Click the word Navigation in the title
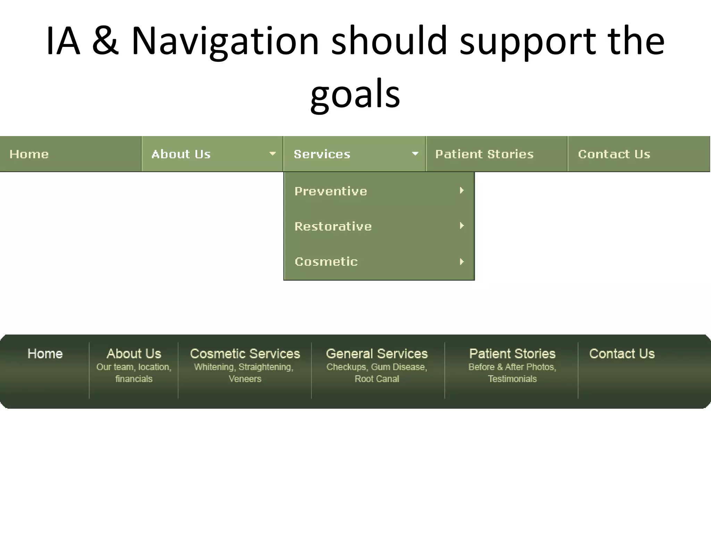point(225,41)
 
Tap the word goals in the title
point(355,94)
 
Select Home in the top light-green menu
point(29,154)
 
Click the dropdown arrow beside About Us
point(273,153)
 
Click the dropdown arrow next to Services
point(415,153)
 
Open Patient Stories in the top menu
point(484,154)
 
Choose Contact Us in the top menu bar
point(614,154)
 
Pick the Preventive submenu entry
point(331,191)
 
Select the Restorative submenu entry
point(333,227)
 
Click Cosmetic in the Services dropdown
point(326,262)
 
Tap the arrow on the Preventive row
point(462,191)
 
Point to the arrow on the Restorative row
point(462,226)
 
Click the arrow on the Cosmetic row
point(462,262)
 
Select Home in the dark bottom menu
point(45,354)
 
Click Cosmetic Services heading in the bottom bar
point(245,354)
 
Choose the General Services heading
point(377,354)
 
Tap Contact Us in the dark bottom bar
point(622,354)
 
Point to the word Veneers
point(245,379)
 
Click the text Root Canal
point(377,379)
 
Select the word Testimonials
point(512,379)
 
